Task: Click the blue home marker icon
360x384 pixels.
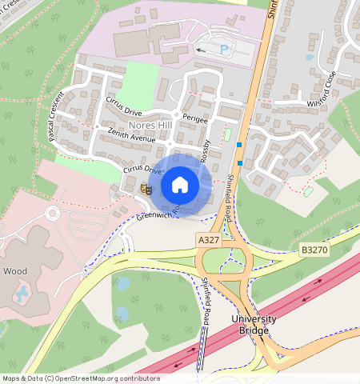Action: tap(180, 185)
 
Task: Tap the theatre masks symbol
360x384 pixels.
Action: tap(146, 189)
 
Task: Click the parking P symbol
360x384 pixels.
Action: tap(224, 49)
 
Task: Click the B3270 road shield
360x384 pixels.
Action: tap(315, 250)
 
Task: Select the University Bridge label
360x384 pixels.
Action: tap(253, 324)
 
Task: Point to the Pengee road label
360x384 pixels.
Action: tap(194, 119)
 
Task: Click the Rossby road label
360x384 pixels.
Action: tap(206, 153)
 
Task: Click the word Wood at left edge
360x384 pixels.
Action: tap(14, 271)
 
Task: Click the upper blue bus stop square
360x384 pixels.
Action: tap(239, 145)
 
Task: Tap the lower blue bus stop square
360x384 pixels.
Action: tap(239, 163)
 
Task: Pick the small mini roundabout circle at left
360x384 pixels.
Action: tap(54, 214)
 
